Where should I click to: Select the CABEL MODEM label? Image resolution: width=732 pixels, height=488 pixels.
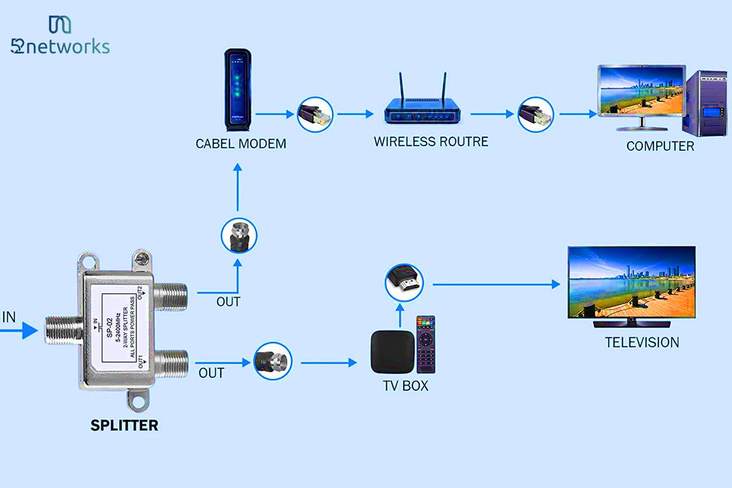(x=240, y=144)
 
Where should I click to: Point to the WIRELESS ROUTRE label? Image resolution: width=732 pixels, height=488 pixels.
(x=431, y=142)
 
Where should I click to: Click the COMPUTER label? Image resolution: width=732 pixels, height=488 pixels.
(x=659, y=146)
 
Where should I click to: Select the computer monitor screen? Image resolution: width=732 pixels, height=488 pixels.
(x=640, y=91)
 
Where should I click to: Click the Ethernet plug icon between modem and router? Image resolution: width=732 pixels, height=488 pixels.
(x=315, y=113)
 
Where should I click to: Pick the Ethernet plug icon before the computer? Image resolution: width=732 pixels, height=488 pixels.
(x=536, y=113)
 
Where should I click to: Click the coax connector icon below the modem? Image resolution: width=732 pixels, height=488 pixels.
(x=239, y=235)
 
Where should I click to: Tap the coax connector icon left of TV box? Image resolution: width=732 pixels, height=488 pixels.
(x=273, y=362)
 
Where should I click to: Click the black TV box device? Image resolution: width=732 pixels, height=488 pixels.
(x=390, y=352)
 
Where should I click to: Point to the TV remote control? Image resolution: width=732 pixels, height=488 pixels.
(x=425, y=345)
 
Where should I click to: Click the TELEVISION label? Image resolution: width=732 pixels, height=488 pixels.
(x=642, y=343)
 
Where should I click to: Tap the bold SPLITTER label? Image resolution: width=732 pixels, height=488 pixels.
(x=124, y=425)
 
